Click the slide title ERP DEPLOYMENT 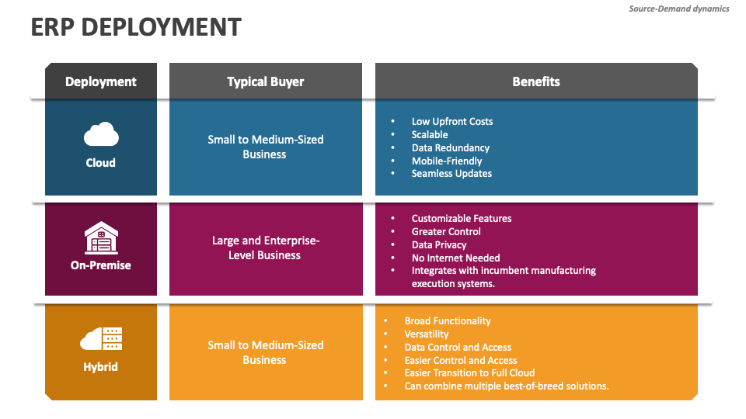(136, 27)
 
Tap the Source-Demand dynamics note (678, 9)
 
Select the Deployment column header (101, 81)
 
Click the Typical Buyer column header (265, 81)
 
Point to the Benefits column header (536, 81)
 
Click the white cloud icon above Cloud (101, 136)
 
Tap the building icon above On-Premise (101, 237)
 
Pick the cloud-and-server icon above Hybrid (101, 339)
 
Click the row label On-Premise (101, 265)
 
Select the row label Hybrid (101, 366)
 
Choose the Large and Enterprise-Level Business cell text (265, 248)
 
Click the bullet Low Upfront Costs (451, 122)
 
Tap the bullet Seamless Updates (451, 174)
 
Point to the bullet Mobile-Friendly (447, 161)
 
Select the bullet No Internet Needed (455, 258)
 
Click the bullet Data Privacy (439, 244)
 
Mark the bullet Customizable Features (462, 219)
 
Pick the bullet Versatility (427, 334)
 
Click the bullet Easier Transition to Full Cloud (469, 372)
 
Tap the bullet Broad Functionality (448, 320)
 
